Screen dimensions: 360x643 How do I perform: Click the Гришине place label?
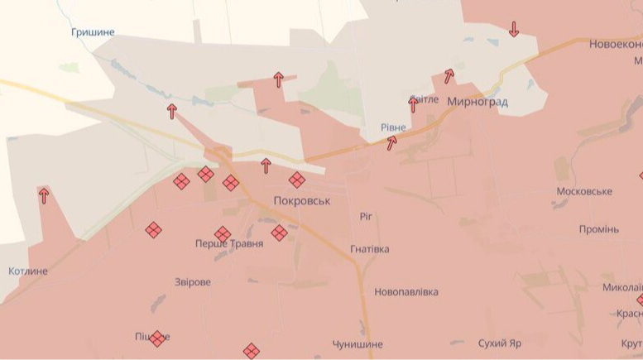[x=93, y=32]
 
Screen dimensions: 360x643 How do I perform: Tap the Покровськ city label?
[x=302, y=201]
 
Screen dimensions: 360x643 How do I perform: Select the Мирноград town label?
[x=477, y=102]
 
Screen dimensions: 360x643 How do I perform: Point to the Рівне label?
[x=393, y=127]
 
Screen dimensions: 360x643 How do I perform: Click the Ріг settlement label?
[x=367, y=216]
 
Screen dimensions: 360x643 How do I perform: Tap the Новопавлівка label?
[x=406, y=292]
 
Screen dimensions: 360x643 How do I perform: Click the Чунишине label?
[x=357, y=344]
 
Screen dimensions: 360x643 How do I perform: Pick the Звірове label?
[x=193, y=282]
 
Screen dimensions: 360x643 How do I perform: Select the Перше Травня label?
[x=229, y=244]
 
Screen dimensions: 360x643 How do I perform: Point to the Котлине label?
[x=28, y=271]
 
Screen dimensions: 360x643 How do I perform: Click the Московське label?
[x=584, y=191]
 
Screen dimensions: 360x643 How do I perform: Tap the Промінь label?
[x=598, y=229]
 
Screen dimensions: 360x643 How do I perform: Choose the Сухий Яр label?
[x=500, y=343]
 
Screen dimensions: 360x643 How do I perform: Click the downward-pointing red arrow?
[x=514, y=29]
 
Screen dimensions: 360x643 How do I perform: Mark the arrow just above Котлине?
[x=43, y=195]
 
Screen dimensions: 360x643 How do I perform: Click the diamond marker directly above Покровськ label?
[x=296, y=180]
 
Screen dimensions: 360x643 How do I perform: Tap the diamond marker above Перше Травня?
[x=223, y=234]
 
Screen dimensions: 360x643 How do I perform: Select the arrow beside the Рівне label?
[x=391, y=142]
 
